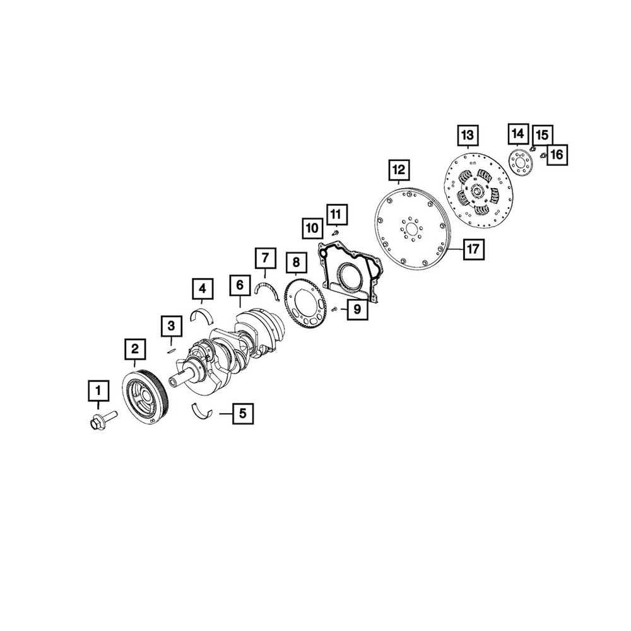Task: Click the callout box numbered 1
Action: tap(98, 391)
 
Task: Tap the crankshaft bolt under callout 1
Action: tap(102, 420)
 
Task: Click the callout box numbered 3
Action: tap(172, 326)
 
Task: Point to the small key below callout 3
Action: tap(170, 350)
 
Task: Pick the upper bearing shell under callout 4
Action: tap(203, 316)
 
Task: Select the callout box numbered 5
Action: tap(243, 413)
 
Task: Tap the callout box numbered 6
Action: tap(240, 285)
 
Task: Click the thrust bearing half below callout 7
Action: tap(267, 287)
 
